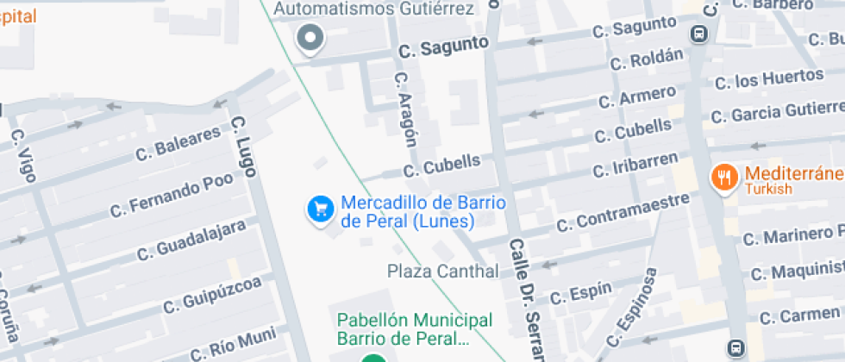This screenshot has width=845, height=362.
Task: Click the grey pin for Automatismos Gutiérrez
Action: tap(310, 37)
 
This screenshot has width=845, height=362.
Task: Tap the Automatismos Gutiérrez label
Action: tap(374, 9)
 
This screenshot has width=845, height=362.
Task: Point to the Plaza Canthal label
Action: tap(442, 271)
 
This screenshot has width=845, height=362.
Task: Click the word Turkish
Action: tap(768, 190)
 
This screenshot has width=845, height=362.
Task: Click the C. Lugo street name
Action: tap(245, 147)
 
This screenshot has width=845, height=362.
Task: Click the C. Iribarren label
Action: tap(635, 164)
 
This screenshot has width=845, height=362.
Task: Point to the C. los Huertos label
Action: tap(769, 79)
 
